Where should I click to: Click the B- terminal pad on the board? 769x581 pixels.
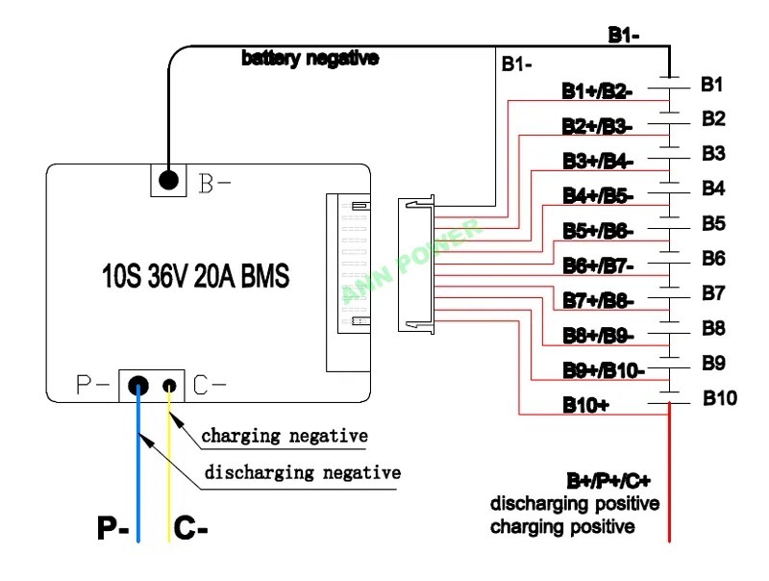169,180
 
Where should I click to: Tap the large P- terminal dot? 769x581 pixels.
139,386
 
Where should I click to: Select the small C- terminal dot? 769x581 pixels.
170,386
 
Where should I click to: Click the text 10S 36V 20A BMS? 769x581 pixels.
195,278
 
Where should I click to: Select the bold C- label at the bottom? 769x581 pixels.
192,528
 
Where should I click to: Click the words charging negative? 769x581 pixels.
285,436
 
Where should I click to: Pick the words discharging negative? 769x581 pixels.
302,472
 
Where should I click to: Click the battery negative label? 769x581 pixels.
310,59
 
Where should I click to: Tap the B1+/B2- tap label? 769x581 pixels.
596,91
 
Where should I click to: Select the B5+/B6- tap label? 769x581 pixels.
597,231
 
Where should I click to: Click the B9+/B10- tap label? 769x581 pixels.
603,370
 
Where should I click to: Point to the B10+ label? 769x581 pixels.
585,405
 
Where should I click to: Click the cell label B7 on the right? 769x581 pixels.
713,292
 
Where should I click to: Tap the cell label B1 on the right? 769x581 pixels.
712,84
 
